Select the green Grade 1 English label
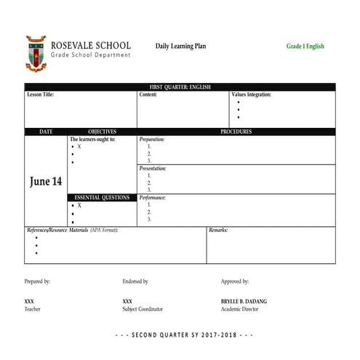click(x=305, y=47)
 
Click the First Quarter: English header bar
click(x=180, y=87)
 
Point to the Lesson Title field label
click(x=40, y=95)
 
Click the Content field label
click(x=148, y=95)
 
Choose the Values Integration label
click(x=251, y=95)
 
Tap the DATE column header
click(x=45, y=132)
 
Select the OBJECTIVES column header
click(x=102, y=132)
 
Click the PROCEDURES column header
click(x=236, y=132)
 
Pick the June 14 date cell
click(x=45, y=182)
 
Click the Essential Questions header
click(x=102, y=197)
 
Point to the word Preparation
click(x=152, y=139)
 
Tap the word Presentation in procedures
click(x=153, y=168)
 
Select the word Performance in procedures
click(x=153, y=197)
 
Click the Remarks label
click(x=218, y=230)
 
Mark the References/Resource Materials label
click(x=72, y=230)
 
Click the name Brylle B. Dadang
click(x=245, y=300)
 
